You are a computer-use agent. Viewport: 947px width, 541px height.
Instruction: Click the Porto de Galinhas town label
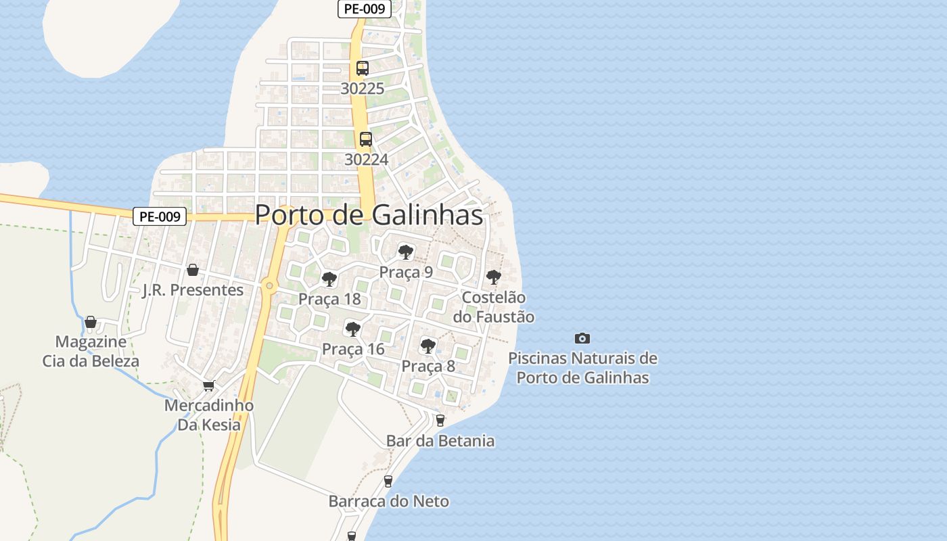369,215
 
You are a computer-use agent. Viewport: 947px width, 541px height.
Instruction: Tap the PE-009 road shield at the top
364,9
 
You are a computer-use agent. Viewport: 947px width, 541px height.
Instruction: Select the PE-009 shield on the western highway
159,216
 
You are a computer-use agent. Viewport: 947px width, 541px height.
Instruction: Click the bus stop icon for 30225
363,68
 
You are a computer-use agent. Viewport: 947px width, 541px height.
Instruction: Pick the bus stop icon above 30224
366,139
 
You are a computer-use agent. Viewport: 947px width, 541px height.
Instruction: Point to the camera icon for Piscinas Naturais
582,338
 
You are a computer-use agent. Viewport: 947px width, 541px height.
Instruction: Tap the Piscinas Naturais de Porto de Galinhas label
582,368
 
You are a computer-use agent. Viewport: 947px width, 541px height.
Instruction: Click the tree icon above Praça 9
406,252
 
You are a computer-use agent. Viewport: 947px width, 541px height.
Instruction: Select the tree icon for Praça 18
329,279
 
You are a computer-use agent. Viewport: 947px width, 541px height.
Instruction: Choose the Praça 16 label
353,349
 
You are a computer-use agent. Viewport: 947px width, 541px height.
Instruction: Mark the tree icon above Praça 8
428,346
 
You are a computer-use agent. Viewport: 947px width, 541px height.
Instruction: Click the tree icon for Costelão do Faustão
494,277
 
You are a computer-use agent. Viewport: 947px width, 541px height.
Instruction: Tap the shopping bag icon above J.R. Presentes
193,270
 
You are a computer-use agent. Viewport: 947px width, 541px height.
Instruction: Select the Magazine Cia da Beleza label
91,351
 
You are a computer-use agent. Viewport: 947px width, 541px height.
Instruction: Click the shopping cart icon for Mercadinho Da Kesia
209,385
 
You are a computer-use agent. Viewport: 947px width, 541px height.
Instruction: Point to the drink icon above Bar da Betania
440,421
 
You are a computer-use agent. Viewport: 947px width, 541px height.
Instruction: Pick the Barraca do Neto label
388,501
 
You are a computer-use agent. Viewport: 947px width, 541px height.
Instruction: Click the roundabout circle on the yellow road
269,286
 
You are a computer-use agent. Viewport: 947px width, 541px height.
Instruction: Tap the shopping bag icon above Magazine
91,321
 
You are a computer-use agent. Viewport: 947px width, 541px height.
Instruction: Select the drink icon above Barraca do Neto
388,481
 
